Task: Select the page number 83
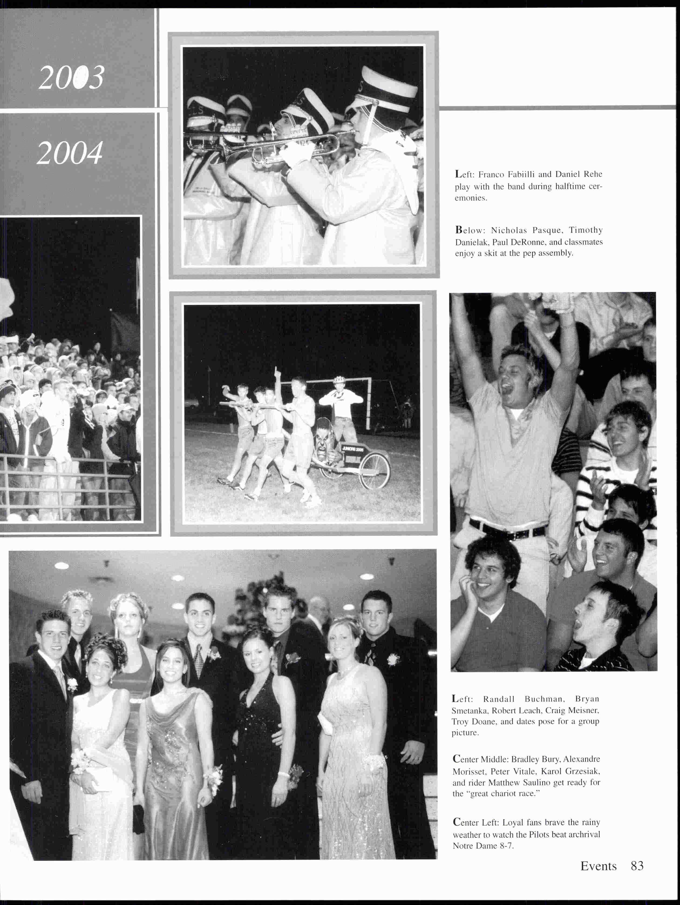coord(637,866)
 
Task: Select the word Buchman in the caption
coord(544,699)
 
